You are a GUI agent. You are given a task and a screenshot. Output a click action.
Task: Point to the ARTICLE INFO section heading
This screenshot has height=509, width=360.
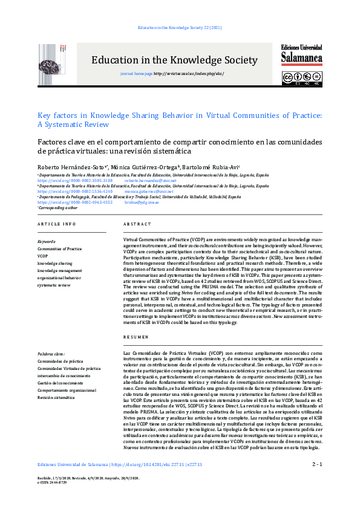pyautogui.click(x=57, y=224)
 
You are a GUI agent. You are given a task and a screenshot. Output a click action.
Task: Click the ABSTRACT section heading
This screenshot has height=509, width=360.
pyautogui.click(x=137, y=224)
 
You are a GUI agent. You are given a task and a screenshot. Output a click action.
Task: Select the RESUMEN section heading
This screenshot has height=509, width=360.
pyautogui.click(x=136, y=337)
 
